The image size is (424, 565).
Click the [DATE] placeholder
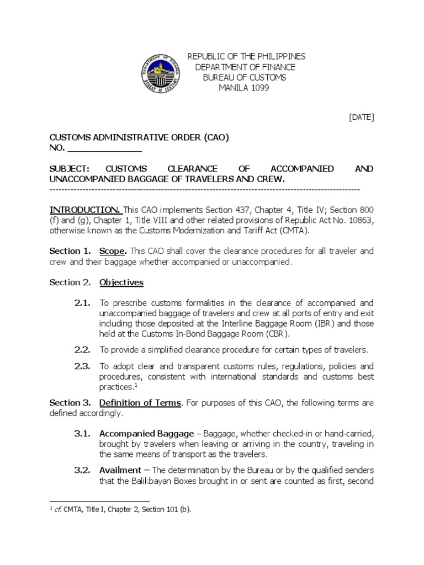pos(361,117)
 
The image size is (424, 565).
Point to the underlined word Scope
pos(113,251)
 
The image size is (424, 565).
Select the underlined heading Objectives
pos(121,282)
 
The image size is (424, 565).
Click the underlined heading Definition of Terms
pos(140,403)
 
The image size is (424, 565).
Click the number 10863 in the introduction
pos(360,220)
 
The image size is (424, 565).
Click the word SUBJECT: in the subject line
pos(70,169)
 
